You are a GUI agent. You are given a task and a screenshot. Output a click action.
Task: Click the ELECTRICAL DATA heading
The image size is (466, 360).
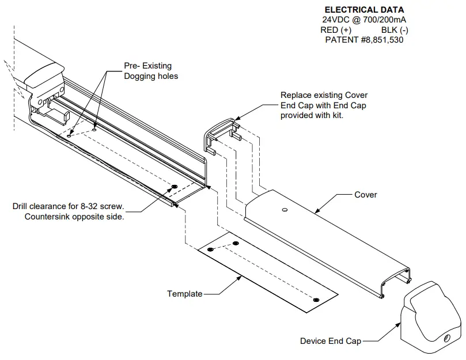[364, 10]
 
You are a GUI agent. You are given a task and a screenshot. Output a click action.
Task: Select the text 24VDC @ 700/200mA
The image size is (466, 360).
[363, 20]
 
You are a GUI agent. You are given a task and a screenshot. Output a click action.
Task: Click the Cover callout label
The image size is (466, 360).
[366, 195]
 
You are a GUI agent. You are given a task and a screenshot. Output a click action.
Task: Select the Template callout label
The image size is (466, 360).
[184, 294]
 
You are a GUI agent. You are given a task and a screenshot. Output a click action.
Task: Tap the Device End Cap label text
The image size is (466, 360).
[330, 341]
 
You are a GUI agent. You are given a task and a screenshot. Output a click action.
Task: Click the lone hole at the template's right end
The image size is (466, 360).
[316, 300]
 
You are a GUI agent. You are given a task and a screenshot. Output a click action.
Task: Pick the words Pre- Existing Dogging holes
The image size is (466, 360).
[151, 71]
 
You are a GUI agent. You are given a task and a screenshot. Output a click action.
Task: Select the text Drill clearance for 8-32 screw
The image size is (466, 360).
[68, 206]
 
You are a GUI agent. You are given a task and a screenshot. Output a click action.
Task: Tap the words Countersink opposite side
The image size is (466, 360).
[74, 217]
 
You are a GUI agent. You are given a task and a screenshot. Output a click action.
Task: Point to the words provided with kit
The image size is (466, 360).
[312, 115]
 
